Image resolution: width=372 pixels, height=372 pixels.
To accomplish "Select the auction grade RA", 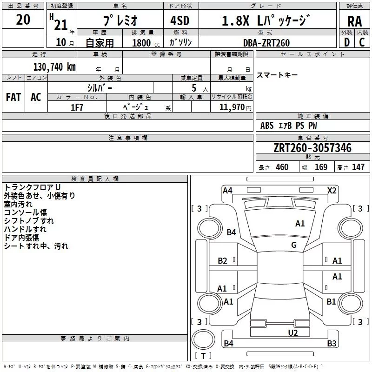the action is click(x=355, y=22).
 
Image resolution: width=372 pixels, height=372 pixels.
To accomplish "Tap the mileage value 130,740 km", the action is click(x=54, y=67).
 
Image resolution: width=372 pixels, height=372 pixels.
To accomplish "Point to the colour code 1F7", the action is click(x=77, y=107).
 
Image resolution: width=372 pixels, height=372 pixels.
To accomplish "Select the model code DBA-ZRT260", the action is click(x=266, y=43).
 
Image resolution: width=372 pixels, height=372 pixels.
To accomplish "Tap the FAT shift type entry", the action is click(x=13, y=97).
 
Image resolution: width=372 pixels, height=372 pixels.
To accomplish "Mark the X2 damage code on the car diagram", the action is click(x=332, y=190).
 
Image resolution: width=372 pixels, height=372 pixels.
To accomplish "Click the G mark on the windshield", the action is click(x=294, y=245).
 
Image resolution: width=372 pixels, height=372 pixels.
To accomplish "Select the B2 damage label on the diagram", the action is click(x=223, y=260).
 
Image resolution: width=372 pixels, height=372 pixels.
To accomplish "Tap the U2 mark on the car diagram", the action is click(x=292, y=332).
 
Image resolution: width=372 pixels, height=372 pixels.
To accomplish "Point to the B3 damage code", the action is click(x=332, y=344).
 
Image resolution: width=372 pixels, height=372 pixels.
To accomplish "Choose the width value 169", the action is click(x=321, y=167).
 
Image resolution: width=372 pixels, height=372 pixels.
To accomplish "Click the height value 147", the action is click(x=358, y=167).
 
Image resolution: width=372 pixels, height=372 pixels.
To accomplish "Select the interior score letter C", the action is click(x=362, y=42).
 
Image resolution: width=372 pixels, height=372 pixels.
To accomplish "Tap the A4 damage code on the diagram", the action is click(x=227, y=190).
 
